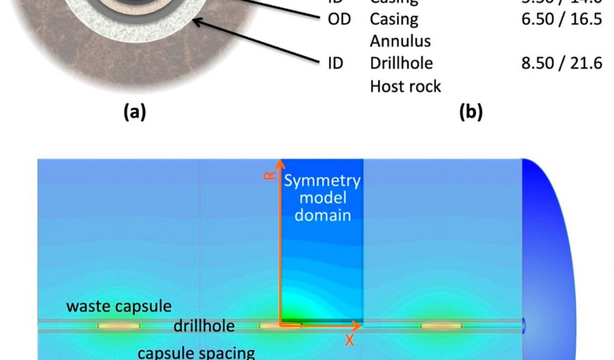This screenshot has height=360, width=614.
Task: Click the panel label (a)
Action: (x=134, y=112)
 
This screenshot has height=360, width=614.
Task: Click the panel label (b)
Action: (x=471, y=112)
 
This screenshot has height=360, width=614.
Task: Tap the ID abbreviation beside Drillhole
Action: (x=336, y=63)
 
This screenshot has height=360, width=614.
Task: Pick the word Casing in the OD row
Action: (x=394, y=19)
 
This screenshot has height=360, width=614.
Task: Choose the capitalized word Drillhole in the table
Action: (x=401, y=63)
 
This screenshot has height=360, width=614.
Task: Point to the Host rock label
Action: (x=405, y=86)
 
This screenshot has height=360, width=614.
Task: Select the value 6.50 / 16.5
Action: (x=562, y=19)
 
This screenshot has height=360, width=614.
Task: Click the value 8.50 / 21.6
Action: (x=562, y=63)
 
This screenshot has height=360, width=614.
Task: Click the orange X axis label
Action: (x=349, y=341)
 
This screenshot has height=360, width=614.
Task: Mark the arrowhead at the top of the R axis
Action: (x=279, y=163)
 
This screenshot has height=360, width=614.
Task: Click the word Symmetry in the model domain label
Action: (x=322, y=181)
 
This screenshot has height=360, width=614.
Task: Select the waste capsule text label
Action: (x=119, y=307)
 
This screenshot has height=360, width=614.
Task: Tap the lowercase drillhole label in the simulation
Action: (x=204, y=326)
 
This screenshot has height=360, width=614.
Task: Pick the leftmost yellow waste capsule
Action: (x=119, y=326)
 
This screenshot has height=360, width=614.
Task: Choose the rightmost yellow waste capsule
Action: (x=441, y=326)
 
